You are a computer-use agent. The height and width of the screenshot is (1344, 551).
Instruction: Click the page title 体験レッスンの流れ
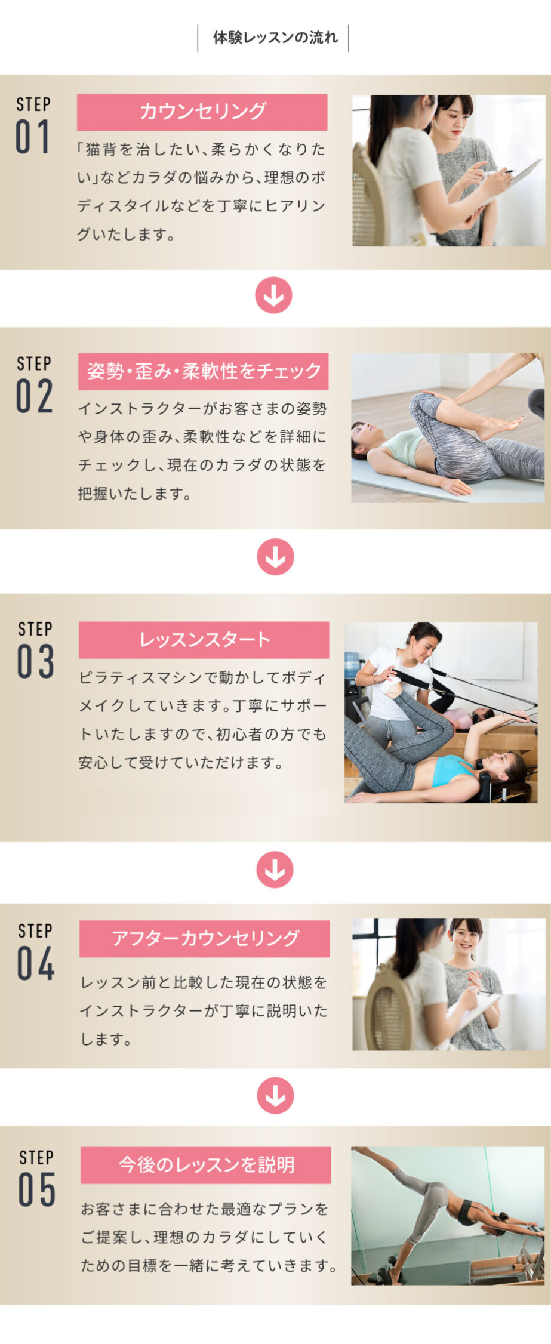tap(275, 38)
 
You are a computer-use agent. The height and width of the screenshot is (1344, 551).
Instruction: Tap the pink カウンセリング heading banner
tap(202, 112)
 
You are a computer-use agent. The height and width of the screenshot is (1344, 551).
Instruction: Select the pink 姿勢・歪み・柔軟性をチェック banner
tap(204, 371)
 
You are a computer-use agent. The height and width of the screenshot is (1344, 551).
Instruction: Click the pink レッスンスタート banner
tap(204, 640)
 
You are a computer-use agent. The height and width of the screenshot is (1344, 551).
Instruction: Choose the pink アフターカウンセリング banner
tap(205, 938)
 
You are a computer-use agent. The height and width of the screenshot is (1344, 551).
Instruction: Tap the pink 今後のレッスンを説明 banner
tap(206, 1165)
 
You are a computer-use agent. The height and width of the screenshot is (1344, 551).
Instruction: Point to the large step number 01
tap(32, 137)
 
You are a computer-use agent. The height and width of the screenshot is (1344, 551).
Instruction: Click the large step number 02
tap(34, 396)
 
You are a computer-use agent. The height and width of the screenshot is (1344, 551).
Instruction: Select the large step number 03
tap(35, 661)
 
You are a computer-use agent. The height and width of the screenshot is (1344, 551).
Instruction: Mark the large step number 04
tap(36, 963)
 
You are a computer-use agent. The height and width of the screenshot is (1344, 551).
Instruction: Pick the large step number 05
tap(37, 1189)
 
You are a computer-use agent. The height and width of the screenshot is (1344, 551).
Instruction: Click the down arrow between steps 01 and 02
tap(273, 295)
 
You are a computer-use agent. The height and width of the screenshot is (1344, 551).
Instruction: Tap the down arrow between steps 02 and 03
tap(275, 557)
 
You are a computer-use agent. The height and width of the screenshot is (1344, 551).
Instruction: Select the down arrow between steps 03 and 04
tap(275, 870)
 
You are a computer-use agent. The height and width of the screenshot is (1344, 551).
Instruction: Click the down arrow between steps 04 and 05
tap(275, 1095)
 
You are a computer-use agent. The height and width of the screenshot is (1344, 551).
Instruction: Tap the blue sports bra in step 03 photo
tap(453, 770)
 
